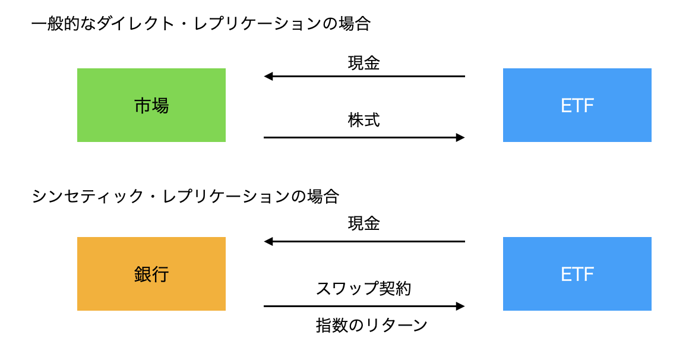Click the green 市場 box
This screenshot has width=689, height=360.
[x=151, y=105]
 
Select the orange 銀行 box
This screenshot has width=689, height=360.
[x=151, y=274]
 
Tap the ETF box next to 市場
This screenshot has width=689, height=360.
[x=577, y=105]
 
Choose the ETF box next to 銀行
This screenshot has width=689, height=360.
[x=577, y=274]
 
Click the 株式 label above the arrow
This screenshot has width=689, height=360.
[x=364, y=120]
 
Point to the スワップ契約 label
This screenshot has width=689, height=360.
[x=364, y=288]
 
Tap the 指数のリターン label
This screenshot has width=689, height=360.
[x=372, y=326]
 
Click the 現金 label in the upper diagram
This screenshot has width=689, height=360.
[x=364, y=63]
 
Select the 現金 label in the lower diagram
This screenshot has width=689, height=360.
[x=364, y=223]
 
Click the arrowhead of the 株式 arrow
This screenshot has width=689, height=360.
[x=460, y=138]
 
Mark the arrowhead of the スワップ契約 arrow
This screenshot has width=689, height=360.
[x=460, y=307]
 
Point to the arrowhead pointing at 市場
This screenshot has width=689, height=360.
[x=268, y=77]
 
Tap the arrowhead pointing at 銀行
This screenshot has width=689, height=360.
[x=268, y=241]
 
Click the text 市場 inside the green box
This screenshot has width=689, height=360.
[x=151, y=106]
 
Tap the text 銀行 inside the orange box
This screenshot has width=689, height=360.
[x=151, y=274]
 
